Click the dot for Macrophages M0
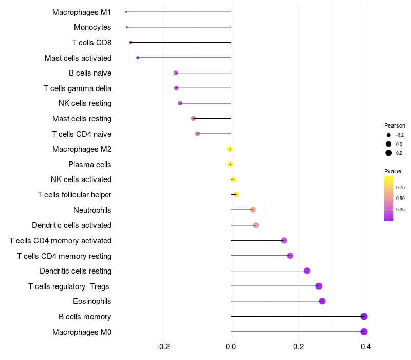click(x=364, y=332)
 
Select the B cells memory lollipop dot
click(x=364, y=316)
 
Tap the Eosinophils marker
click(x=322, y=301)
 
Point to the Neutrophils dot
click(x=253, y=210)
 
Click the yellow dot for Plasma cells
click(x=230, y=164)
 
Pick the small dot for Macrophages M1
click(x=126, y=12)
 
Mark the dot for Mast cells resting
click(x=193, y=119)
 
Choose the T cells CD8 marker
click(x=130, y=42)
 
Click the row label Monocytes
click(x=92, y=27)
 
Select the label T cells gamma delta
click(x=78, y=88)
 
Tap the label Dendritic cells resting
click(x=76, y=271)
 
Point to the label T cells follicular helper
click(x=74, y=195)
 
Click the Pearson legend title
click(x=395, y=125)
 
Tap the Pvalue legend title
click(x=393, y=171)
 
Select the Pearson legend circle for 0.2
click(x=389, y=153)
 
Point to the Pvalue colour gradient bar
click(x=389, y=199)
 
